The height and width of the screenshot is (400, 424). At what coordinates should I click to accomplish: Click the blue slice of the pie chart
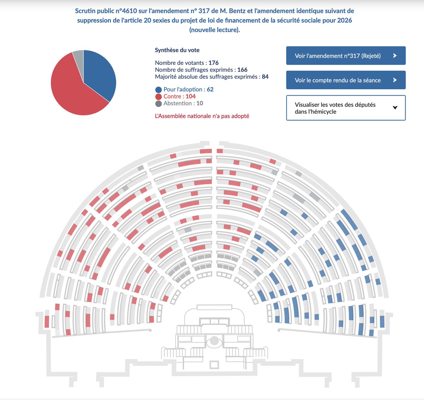point(101,74)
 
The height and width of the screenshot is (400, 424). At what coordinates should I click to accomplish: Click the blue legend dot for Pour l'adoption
point(158,90)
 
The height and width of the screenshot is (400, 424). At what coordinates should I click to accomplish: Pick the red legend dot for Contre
point(158,97)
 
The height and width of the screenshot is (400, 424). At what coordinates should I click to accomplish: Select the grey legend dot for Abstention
point(158,104)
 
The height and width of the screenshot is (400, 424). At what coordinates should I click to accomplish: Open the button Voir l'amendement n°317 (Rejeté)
point(346,56)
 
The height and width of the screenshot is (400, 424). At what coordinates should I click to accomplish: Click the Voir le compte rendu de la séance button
point(346,80)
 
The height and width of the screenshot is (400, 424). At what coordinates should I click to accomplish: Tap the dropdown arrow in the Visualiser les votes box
point(395,108)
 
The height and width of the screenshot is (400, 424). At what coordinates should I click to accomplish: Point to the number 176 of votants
point(213,63)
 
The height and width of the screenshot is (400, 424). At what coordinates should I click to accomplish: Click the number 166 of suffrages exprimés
point(242,70)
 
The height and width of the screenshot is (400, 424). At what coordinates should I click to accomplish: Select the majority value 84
point(265,77)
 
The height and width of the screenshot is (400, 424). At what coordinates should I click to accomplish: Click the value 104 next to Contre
point(190,96)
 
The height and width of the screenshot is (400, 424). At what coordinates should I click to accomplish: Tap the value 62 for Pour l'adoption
point(210,89)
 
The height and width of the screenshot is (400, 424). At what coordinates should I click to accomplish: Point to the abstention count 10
point(200,103)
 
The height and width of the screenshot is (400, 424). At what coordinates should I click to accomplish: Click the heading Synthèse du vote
point(177,50)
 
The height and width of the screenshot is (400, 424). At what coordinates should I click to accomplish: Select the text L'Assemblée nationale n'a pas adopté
point(202,116)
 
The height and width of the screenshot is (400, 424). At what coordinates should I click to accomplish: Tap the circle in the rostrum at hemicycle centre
point(214,341)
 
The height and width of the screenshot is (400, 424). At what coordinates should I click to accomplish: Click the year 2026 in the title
point(344,20)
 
